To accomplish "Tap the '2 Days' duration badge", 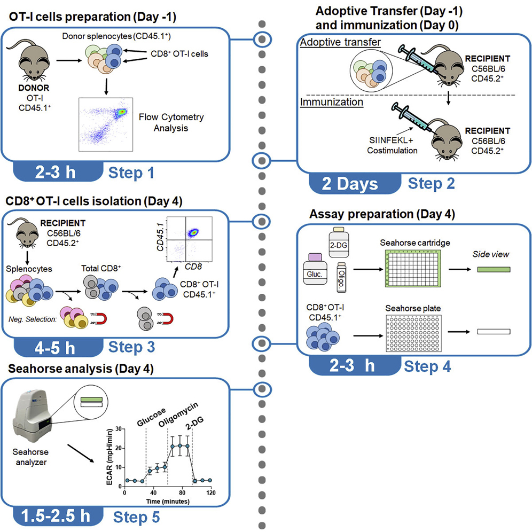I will pyautogui.click(x=350, y=184).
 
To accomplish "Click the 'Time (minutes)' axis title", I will pyautogui.click(x=168, y=501).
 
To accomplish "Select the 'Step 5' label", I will pyautogui.click(x=136, y=518).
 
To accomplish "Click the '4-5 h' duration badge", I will pyautogui.click(x=48, y=348).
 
